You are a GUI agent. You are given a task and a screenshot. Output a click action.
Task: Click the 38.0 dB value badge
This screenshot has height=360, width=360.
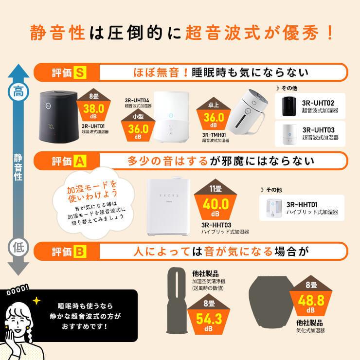(94, 109)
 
